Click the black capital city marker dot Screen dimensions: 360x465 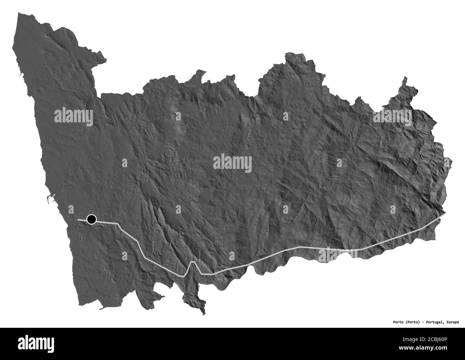(92, 219)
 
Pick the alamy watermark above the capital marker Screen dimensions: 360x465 (74, 117)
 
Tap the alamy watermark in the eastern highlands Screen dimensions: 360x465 (392, 117)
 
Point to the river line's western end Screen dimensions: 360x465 (78, 219)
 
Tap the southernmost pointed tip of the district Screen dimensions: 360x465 (204, 314)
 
